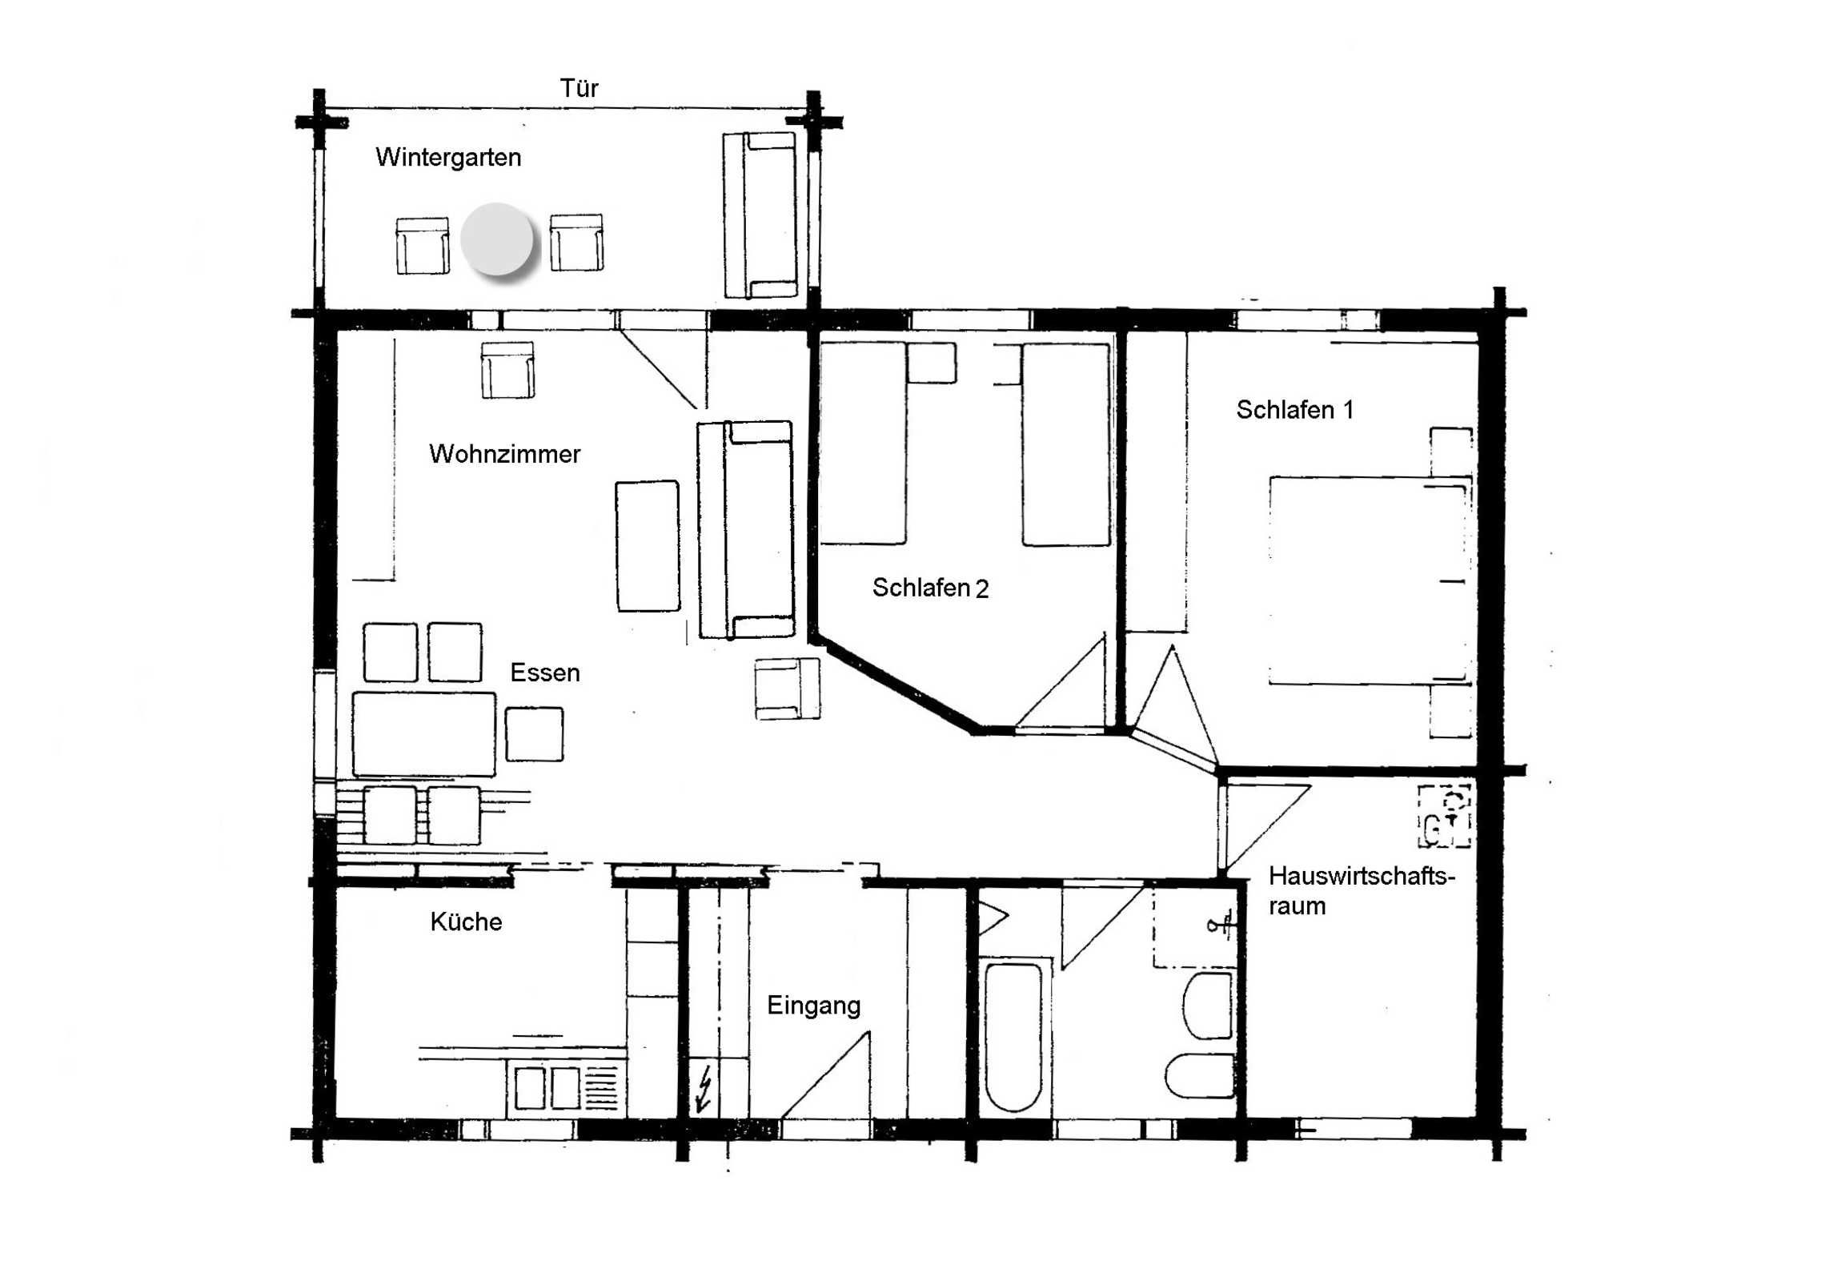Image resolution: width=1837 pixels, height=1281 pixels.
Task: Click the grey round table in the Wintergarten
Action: pos(497,239)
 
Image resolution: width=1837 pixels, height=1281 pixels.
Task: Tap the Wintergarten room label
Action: pos(448,158)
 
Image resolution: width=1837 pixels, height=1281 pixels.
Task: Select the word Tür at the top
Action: pos(579,88)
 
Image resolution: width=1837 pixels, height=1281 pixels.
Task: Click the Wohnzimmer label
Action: pos(504,454)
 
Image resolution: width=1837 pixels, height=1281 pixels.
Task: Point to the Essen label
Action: pos(545,673)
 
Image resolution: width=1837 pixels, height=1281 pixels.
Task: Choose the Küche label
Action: pos(466,922)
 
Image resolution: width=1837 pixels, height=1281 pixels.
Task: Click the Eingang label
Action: pos(814,1006)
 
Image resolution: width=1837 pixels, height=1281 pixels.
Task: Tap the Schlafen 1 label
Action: pos(1294,410)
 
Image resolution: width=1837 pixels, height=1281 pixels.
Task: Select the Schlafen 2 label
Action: pos(930,588)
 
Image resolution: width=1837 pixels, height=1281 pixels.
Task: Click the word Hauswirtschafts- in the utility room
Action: pos(1362,876)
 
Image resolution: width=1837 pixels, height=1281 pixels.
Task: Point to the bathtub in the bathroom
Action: pos(1013,1035)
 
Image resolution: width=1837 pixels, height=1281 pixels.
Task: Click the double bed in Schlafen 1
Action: pos(1370,581)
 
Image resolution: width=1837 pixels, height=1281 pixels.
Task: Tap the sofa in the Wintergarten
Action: pos(760,215)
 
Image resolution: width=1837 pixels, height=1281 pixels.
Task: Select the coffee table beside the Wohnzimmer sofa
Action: pos(648,546)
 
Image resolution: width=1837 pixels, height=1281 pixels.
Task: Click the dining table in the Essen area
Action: pos(423,735)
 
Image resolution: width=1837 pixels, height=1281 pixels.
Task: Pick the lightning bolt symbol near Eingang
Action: pos(705,1089)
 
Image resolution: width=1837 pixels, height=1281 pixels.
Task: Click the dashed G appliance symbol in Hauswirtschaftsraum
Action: pos(1445,817)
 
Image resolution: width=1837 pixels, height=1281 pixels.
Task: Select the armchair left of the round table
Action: pos(423,245)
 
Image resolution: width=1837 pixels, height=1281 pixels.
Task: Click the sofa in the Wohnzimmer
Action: pos(746,530)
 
